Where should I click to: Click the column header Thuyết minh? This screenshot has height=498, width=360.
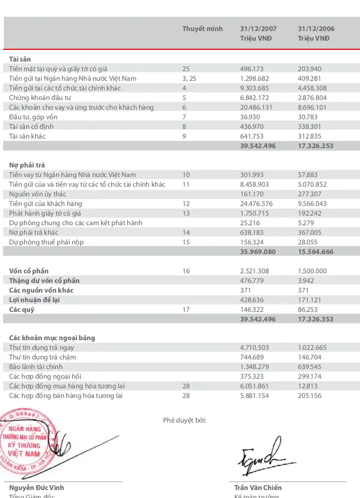(x=202, y=29)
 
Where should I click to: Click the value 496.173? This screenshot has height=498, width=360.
(x=252, y=69)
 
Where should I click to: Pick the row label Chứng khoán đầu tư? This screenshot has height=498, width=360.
(x=40, y=98)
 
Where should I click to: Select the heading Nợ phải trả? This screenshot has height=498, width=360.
(x=27, y=165)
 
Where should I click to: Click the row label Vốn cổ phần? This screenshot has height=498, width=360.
(x=29, y=271)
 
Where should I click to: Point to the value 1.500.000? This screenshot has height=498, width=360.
(x=312, y=271)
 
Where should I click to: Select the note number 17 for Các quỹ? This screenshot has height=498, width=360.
(x=186, y=309)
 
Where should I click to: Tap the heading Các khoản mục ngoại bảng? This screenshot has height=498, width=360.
(x=52, y=338)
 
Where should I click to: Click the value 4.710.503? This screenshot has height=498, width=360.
(x=254, y=348)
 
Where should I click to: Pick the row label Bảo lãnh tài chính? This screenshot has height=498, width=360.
(x=36, y=367)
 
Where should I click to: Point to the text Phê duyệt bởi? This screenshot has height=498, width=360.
(x=185, y=420)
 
